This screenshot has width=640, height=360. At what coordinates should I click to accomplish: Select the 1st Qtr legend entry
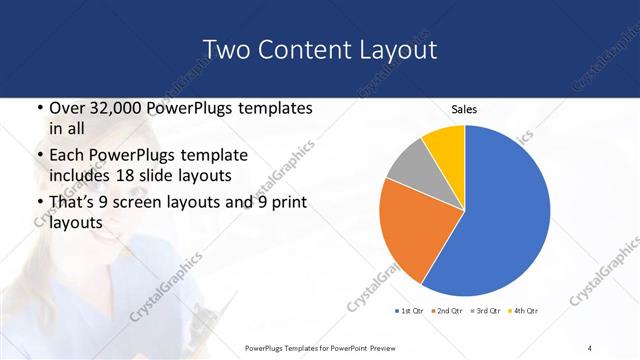pos(410,310)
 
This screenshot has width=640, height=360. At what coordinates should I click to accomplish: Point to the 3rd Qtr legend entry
pos(487,310)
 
